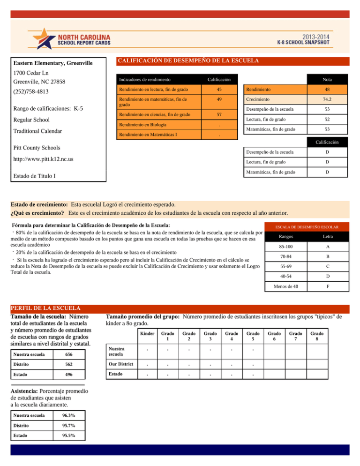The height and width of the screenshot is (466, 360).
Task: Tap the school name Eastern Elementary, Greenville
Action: pyautogui.click(x=52, y=63)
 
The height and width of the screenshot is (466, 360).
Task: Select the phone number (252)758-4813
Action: pyautogui.click(x=31, y=92)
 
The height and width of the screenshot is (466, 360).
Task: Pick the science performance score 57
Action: pyautogui.click(x=213, y=114)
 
